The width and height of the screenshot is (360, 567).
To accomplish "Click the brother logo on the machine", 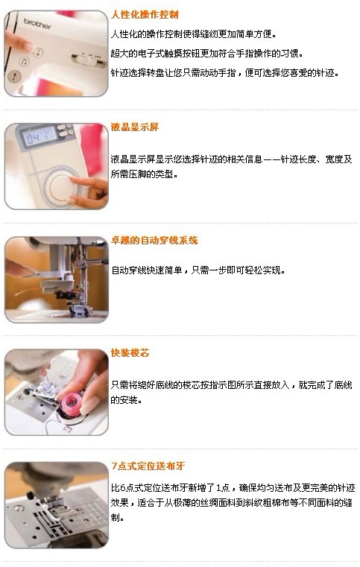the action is [37, 24].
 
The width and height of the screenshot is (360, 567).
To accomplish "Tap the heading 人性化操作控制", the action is [145, 14].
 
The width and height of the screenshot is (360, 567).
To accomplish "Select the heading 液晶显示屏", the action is [135, 127].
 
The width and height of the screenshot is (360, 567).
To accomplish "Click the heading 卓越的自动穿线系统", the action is [154, 240].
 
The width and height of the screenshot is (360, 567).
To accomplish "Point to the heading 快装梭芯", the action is [130, 352].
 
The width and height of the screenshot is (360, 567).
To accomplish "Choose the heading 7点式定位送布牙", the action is [148, 466].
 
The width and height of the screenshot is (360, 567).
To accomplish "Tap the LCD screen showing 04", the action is [39, 136].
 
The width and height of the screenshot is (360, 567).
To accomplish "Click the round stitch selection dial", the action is [61, 186].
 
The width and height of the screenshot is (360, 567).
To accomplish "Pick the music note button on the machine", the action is [25, 62].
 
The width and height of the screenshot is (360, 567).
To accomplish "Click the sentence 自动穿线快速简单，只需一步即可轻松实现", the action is [198, 270].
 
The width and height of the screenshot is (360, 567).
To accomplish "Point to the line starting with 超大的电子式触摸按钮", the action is [207, 54].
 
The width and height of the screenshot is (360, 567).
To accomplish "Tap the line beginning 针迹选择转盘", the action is [225, 73].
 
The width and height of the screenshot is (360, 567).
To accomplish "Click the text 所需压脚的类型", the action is [145, 174].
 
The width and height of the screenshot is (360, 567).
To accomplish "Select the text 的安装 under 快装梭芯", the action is [126, 400].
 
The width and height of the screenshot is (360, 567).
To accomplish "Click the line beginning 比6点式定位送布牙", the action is [233, 488].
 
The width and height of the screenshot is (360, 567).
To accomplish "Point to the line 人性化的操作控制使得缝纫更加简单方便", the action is [194, 34].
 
